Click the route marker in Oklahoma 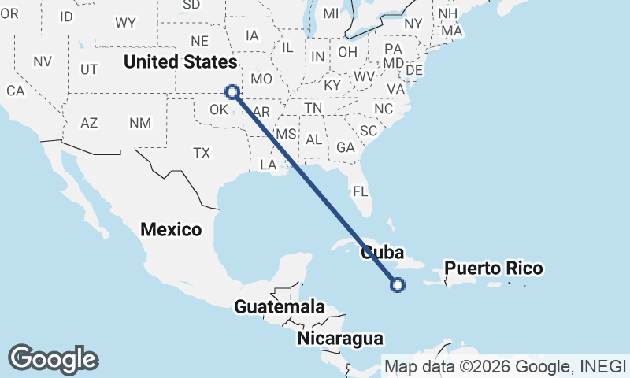coord(232,91)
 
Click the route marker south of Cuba coord(398,285)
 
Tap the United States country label coord(180,61)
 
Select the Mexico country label coord(171,229)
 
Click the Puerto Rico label coord(493,269)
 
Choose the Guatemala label coord(280,306)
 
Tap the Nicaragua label coord(340,339)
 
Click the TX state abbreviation coord(202,153)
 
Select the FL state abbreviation coord(361,191)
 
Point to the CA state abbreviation coord(16,91)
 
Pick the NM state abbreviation coord(140,123)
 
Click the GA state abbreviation coord(345,147)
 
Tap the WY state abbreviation coord(125,23)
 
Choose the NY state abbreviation coord(413,24)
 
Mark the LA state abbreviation coord(269,165)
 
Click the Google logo coord(53,358)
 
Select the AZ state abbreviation coord(89,123)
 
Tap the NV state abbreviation coord(43,61)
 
